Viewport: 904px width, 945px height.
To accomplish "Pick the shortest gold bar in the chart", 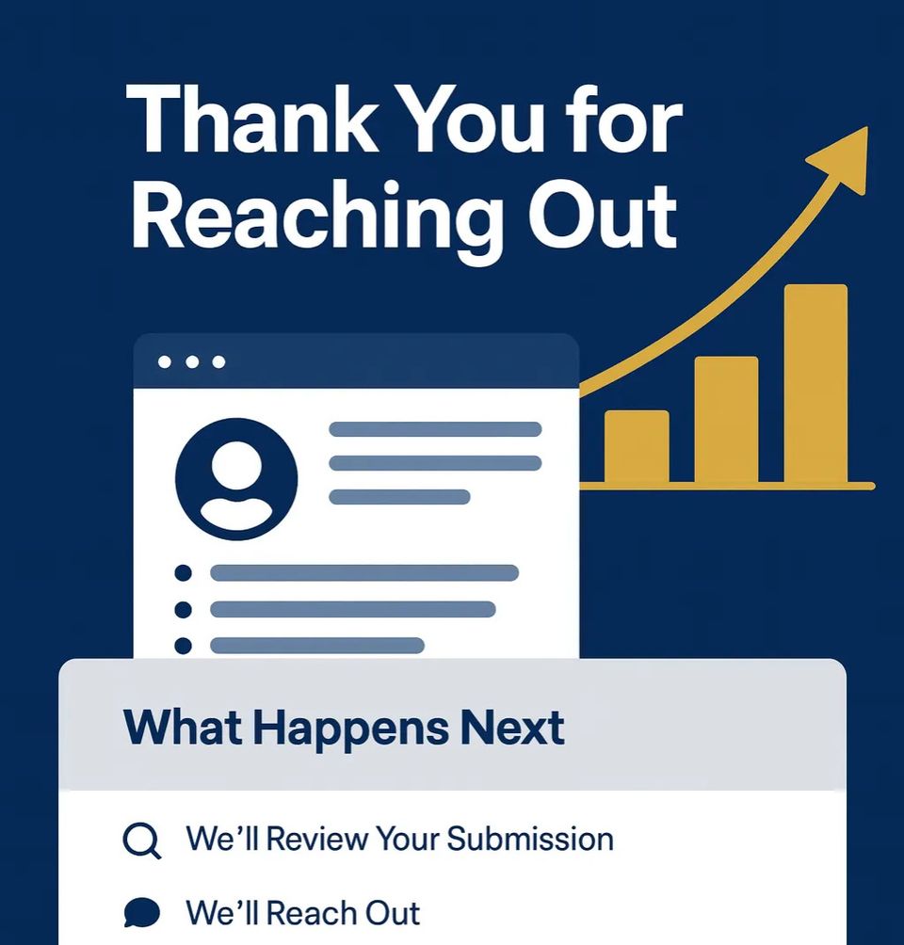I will (637, 447).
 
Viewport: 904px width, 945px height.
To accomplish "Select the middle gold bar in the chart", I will (726, 420).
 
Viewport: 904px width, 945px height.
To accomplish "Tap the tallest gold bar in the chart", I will (815, 384).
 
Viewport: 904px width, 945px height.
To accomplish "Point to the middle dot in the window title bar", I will (193, 362).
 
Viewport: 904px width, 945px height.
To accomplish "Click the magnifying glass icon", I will (141, 840).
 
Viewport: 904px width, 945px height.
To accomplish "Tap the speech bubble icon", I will (141, 912).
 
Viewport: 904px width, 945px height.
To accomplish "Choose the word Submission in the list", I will (530, 839).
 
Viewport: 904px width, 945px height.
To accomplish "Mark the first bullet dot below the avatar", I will (184, 573).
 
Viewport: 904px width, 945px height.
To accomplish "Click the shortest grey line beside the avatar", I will (399, 497).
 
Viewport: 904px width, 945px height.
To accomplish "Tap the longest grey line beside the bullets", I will (364, 573).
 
